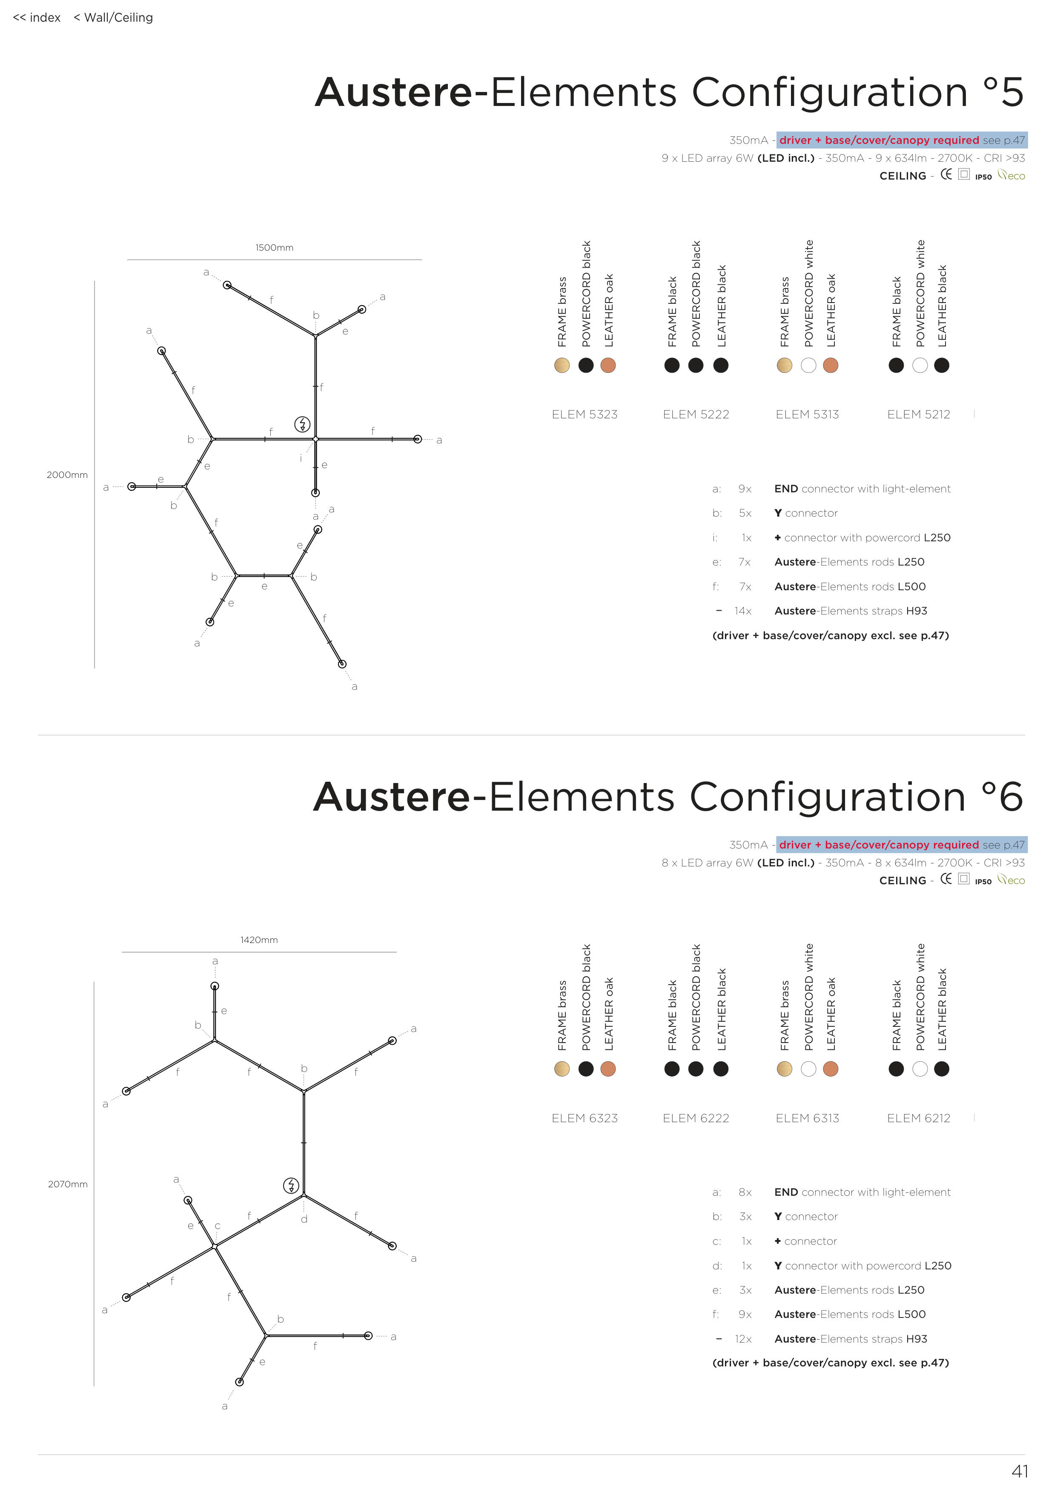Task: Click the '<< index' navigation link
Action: click(37, 18)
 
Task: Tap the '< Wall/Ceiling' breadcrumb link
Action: click(113, 18)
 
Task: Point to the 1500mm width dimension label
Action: click(275, 247)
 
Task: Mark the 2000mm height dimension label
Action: click(67, 474)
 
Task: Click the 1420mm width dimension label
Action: click(259, 940)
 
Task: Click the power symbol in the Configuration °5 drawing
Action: click(302, 424)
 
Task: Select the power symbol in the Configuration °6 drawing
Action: click(291, 1186)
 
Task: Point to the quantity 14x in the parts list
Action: click(743, 611)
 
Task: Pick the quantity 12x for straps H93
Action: click(743, 1339)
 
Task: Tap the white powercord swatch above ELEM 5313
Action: click(808, 365)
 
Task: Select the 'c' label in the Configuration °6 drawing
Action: click(218, 1226)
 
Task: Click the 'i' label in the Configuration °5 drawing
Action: click(301, 458)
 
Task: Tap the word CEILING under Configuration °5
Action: click(903, 176)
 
